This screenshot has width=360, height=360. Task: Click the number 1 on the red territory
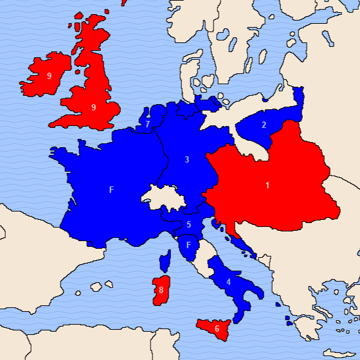[267, 186]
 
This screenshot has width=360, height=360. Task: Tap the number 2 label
[264, 125]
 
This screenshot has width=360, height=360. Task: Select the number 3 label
[186, 159]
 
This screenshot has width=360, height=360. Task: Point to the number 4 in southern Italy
[228, 282]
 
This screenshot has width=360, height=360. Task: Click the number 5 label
[189, 224]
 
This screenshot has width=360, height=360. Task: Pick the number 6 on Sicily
[217, 328]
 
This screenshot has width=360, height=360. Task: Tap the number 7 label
[148, 124]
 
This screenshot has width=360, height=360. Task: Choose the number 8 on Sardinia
[161, 291]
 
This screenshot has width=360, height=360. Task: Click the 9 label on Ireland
[49, 76]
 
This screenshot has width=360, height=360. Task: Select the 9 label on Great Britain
[94, 107]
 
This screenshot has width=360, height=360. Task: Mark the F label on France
[111, 190]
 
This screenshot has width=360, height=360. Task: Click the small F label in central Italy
[188, 245]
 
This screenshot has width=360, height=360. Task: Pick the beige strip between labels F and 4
[203, 257]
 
